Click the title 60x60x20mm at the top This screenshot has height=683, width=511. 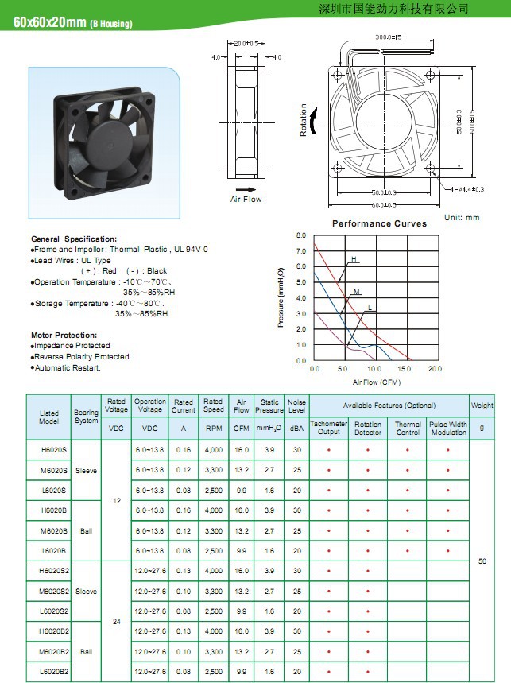tap(49, 22)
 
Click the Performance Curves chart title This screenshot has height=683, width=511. tap(379, 224)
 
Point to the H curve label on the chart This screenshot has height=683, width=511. tap(354, 260)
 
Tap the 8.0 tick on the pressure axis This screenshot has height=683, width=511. tap(300, 236)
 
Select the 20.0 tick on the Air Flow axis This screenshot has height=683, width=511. tap(435, 370)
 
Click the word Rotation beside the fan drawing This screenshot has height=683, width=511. tap(304, 119)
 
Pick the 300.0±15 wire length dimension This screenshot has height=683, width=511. tap(388, 37)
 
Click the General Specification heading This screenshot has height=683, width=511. tap(74, 239)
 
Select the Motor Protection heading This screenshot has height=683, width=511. tap(64, 336)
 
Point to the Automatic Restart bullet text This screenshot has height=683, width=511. tap(68, 367)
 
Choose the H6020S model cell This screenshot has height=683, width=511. tap(53, 450)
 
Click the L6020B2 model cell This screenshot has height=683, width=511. tap(53, 672)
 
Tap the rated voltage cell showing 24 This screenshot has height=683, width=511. tap(117, 621)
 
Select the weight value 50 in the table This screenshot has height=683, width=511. tap(482, 561)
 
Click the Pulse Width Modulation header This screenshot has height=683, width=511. tap(448, 429)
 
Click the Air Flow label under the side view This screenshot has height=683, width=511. tap(246, 199)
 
